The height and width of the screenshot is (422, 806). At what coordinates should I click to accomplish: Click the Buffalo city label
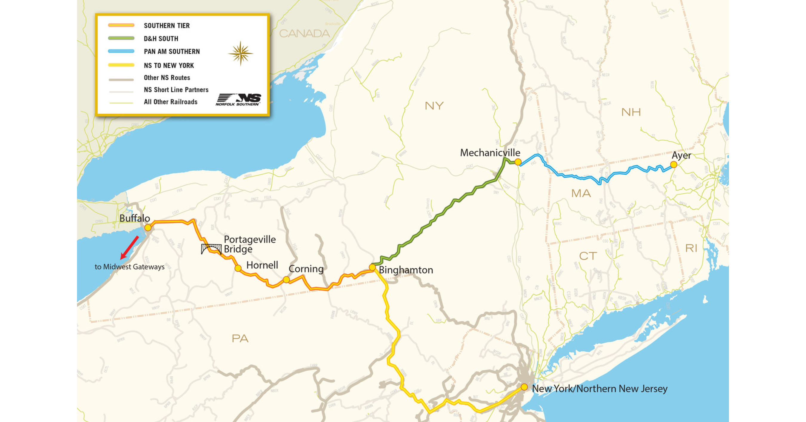135,218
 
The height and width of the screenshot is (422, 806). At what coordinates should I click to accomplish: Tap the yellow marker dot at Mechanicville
518,162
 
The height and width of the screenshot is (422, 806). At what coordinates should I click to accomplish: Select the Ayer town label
681,155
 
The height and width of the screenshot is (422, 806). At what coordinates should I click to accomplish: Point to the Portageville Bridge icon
211,249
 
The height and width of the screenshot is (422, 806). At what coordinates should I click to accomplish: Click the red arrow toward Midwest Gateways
129,247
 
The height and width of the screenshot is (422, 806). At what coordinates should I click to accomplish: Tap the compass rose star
240,53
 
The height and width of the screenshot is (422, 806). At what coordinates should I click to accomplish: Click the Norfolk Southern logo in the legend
239,99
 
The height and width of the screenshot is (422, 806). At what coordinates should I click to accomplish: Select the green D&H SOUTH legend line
121,38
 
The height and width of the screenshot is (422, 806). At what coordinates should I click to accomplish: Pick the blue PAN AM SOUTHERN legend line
121,51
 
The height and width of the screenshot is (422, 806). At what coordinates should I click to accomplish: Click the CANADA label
304,33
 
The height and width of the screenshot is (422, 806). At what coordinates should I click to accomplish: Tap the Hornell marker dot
238,268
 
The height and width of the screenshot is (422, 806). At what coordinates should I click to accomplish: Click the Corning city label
306,269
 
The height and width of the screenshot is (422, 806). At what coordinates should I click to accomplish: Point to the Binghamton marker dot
372,267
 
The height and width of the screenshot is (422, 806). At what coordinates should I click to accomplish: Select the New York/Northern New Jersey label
599,389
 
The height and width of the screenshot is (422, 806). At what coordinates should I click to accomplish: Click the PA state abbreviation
240,338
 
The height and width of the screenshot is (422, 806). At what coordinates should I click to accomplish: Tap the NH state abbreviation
631,112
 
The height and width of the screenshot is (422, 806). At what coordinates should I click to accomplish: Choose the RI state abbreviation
691,248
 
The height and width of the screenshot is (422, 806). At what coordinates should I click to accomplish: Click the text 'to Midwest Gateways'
129,267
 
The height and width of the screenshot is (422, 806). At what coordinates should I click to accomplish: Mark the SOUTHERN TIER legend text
167,26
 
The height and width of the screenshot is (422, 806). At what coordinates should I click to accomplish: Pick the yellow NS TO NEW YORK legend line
121,65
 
